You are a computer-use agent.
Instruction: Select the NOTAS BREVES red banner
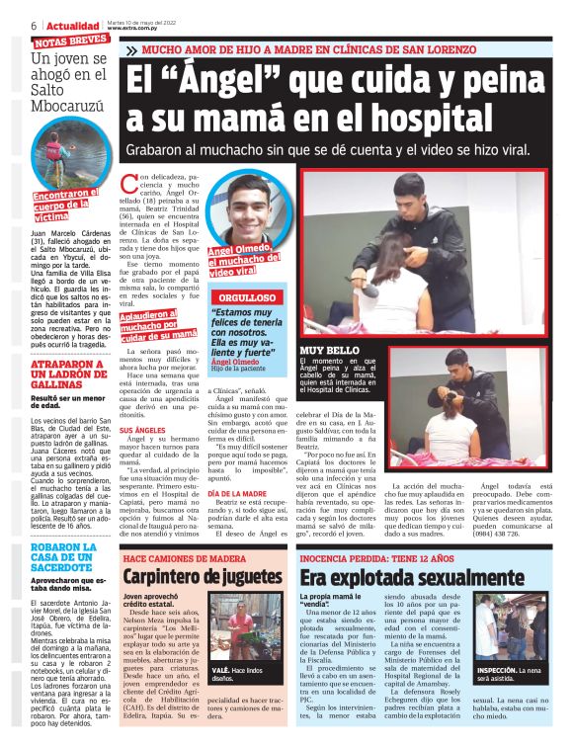(70, 41)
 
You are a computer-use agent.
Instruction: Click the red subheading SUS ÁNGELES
(142, 431)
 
